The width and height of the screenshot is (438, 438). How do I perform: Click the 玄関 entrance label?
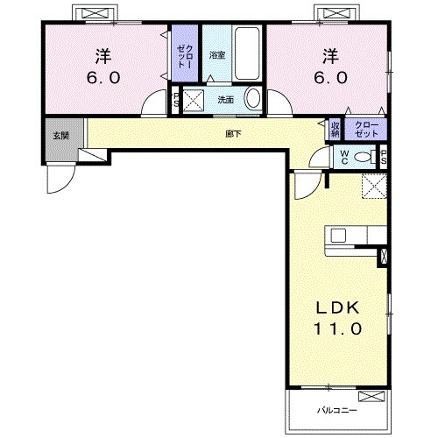click(60, 136)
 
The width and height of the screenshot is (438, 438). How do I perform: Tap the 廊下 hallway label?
click(233, 134)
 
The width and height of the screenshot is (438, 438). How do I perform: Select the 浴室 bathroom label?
click(217, 55)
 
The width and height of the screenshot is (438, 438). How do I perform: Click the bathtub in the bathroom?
click(247, 53)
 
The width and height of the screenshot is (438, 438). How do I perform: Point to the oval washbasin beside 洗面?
click(253, 98)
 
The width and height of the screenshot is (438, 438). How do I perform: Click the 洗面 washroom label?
click(225, 100)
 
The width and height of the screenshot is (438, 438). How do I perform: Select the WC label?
click(344, 158)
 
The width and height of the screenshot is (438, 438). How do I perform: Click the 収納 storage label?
click(335, 130)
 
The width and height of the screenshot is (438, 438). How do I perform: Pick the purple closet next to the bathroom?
click(185, 53)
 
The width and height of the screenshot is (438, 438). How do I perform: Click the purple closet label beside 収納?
click(366, 130)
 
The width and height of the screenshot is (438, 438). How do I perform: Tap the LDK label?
click(338, 308)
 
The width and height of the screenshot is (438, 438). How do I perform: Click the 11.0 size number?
click(338, 329)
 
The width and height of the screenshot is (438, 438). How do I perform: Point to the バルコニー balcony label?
click(337, 411)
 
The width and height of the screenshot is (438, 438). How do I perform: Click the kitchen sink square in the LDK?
click(338, 236)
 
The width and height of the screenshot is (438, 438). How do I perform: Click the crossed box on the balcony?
click(371, 397)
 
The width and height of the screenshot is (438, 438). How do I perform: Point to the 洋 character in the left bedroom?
click(103, 56)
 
